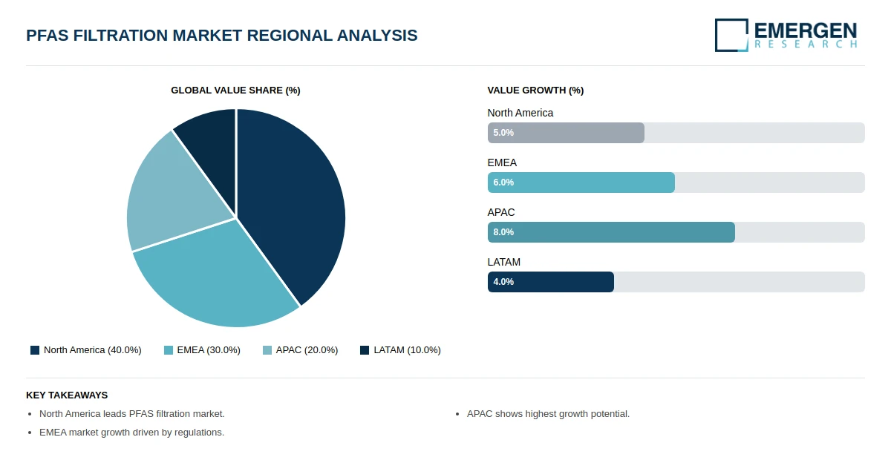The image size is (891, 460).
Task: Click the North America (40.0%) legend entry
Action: tap(85, 350)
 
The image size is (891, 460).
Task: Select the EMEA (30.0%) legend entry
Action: tap(202, 350)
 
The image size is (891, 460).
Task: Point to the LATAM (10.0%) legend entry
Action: tap(400, 350)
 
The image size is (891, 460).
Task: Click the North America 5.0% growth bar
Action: tap(566, 133)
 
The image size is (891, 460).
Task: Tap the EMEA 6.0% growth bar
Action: tap(581, 183)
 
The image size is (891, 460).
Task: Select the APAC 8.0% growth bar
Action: tap(611, 232)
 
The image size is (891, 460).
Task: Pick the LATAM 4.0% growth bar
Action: tap(550, 282)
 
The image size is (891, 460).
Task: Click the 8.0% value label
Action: tap(503, 232)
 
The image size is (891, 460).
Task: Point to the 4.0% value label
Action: tap(503, 282)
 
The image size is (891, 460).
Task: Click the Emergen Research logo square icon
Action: tap(731, 35)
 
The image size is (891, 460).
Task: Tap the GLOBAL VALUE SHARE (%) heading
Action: tap(235, 91)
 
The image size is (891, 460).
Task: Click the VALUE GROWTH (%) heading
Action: tap(535, 91)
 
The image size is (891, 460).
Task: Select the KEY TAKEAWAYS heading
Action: tap(67, 395)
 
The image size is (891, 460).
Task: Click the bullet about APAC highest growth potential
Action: tap(548, 414)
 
